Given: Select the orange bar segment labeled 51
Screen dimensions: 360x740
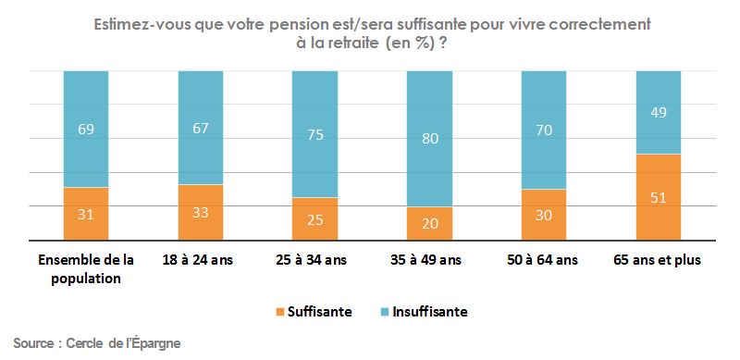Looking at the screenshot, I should click(658, 197).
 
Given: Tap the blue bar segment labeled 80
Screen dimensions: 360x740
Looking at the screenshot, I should click(429, 139).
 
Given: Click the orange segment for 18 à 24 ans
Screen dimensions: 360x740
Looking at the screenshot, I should click(201, 212).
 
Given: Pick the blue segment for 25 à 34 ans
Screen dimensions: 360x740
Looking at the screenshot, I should click(314, 133).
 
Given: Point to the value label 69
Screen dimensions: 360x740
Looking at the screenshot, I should click(86, 129).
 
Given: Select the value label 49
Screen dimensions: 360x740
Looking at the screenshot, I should click(658, 113).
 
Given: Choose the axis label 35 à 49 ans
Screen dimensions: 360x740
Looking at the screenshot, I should click(429, 260).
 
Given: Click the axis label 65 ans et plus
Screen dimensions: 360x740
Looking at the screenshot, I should click(658, 260).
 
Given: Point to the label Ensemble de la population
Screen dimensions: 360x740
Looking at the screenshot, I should click(85, 267).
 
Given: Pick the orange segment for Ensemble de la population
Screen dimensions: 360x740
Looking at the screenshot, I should click(86, 214).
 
